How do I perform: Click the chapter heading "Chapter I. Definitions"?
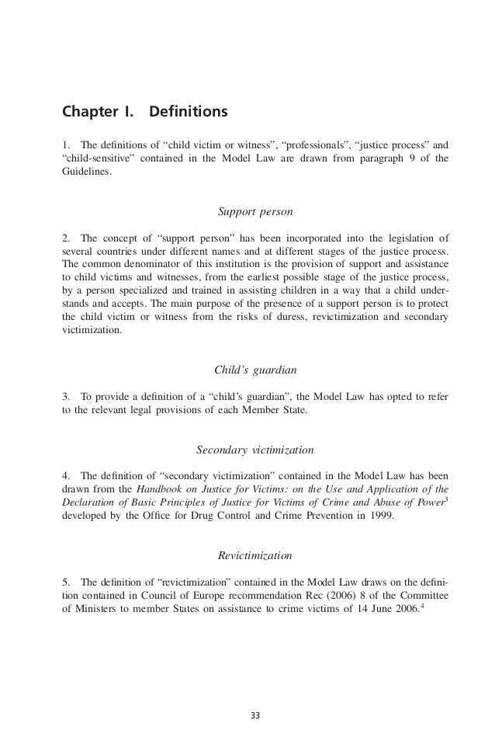pos(144,113)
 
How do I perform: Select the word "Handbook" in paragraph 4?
pos(159,488)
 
